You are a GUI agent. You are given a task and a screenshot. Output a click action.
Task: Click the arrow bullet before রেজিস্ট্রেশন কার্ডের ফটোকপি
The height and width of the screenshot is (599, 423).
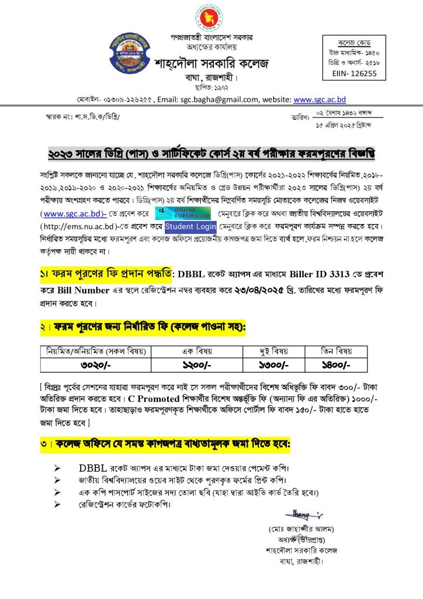(x=57, y=504)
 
